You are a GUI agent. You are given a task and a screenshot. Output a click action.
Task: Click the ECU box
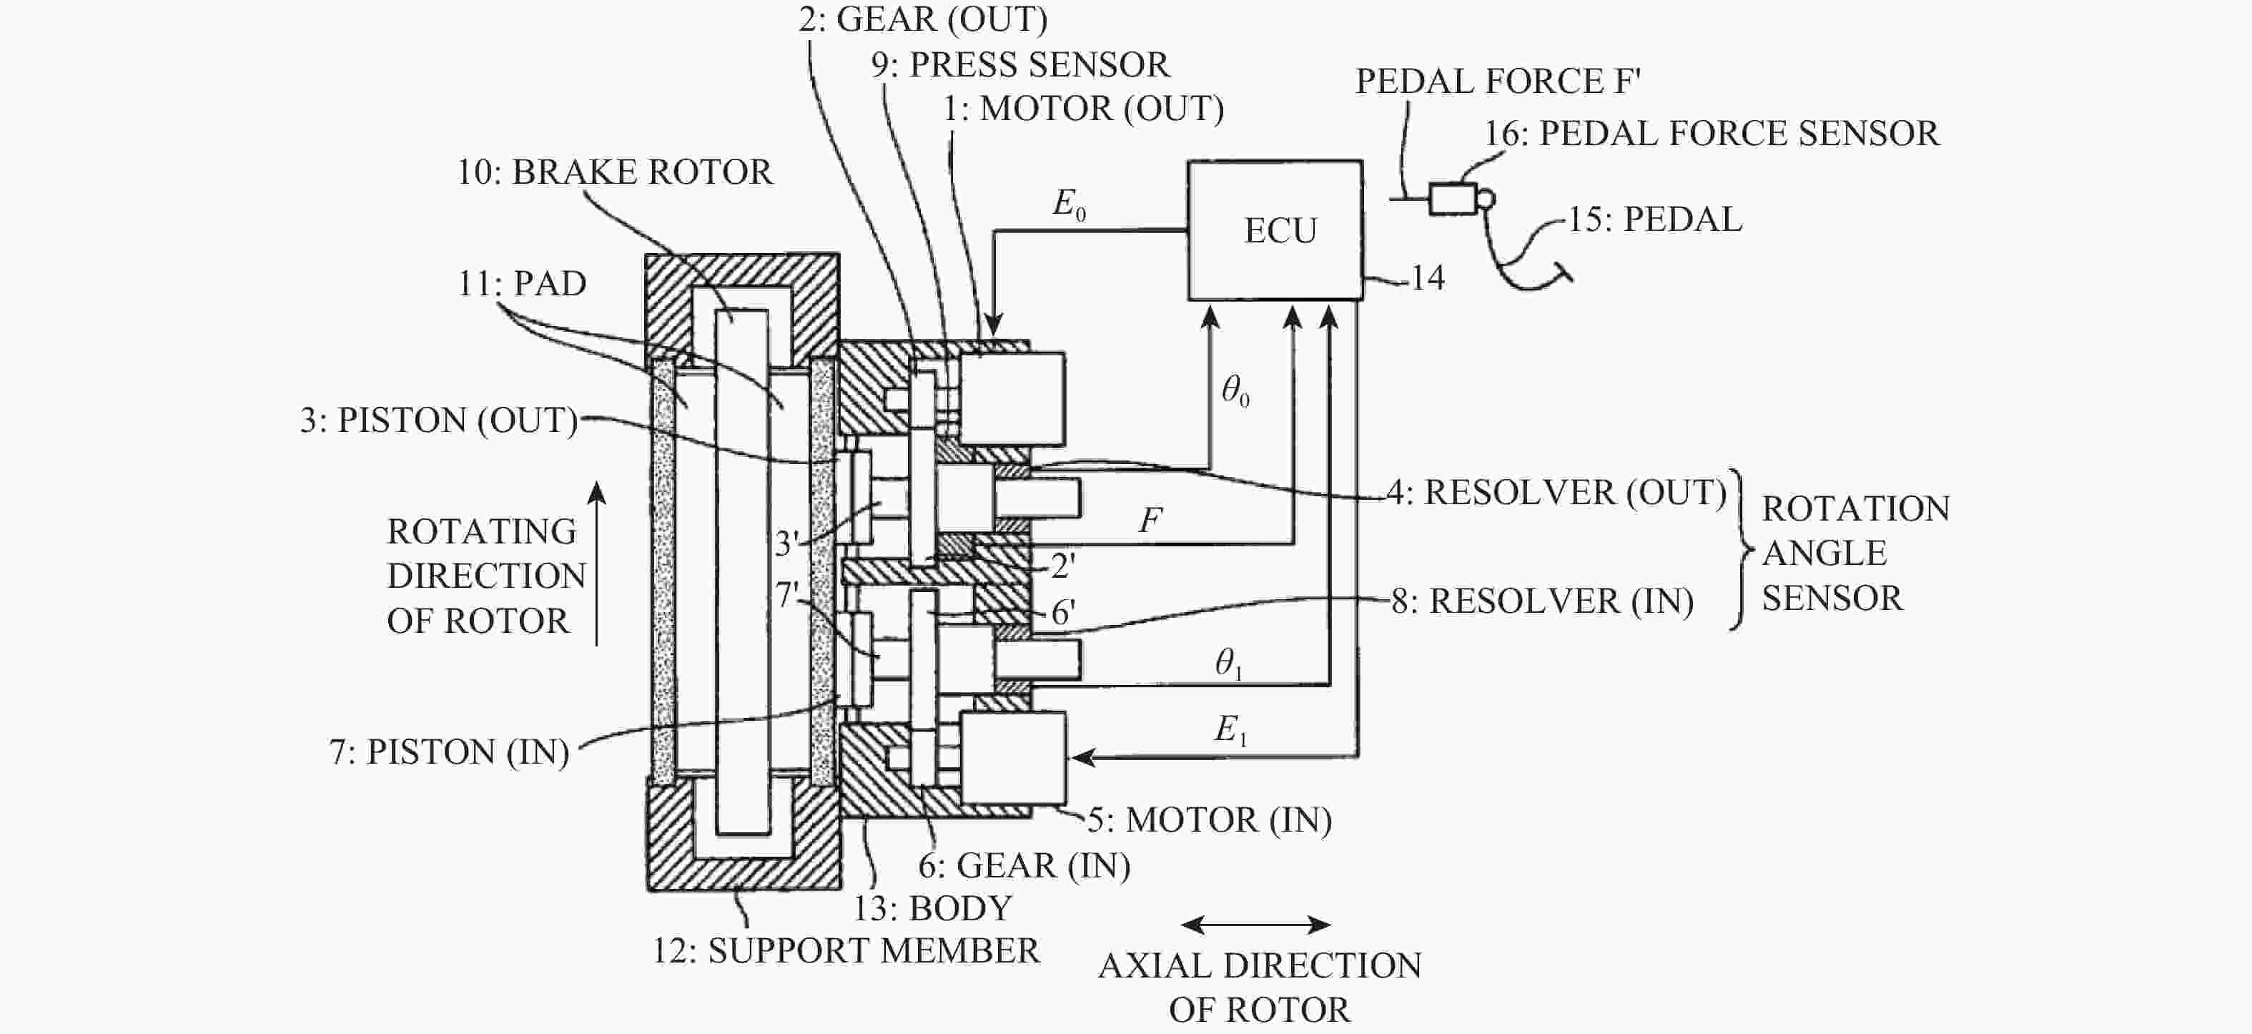click(x=1275, y=230)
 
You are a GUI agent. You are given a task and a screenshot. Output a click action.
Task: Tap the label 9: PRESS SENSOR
click(x=1019, y=64)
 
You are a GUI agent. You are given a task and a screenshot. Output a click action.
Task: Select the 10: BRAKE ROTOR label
click(x=615, y=172)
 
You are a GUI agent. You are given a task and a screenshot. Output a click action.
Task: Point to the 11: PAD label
click(x=522, y=283)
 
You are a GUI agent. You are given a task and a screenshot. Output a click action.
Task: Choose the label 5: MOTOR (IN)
click(x=1209, y=820)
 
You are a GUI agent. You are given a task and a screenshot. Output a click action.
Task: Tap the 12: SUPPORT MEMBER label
click(x=845, y=950)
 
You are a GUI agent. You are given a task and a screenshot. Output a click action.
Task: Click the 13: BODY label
click(x=932, y=908)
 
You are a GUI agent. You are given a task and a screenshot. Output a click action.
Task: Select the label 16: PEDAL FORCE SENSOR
click(x=1711, y=134)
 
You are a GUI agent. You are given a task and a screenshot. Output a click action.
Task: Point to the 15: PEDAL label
click(x=1654, y=220)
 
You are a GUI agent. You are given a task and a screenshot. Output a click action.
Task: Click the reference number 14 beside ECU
click(x=1427, y=278)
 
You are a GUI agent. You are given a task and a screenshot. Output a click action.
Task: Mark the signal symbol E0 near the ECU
click(x=1068, y=205)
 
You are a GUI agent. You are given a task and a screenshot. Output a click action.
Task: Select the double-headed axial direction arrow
click(x=1255, y=925)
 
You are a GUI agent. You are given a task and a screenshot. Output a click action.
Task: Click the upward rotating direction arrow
click(x=597, y=563)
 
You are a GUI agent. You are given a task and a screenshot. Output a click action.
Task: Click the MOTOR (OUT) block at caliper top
click(x=1012, y=398)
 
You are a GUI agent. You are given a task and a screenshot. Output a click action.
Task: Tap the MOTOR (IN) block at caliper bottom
click(x=1013, y=757)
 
